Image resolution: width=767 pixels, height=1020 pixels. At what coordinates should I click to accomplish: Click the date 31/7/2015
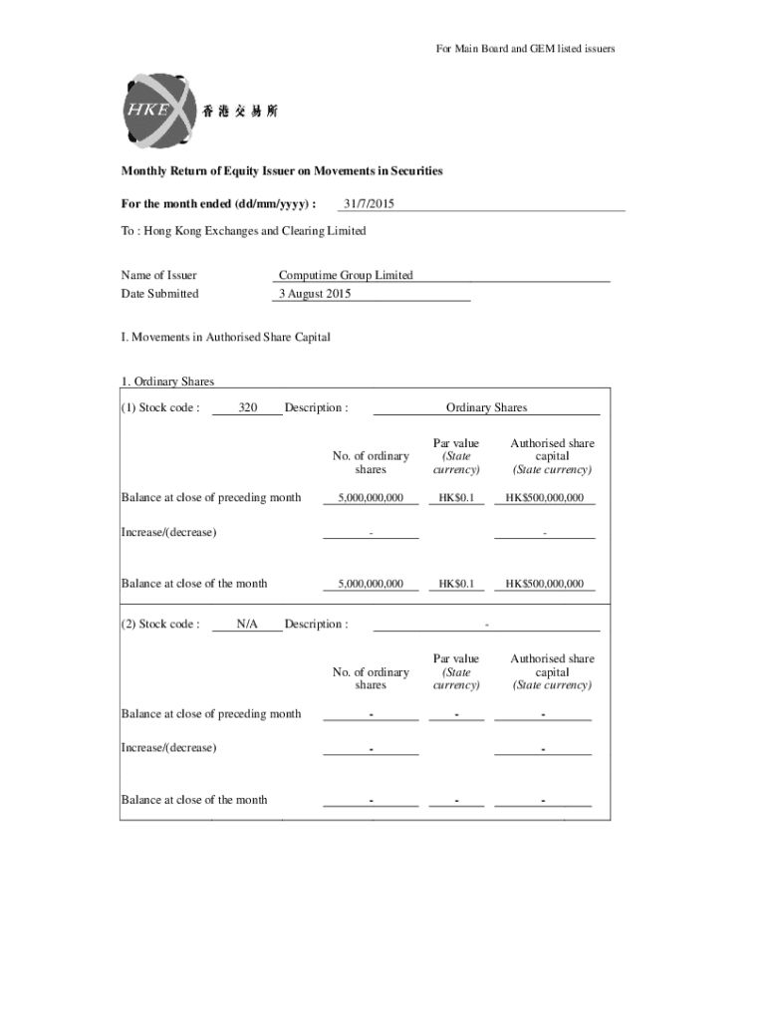(369, 204)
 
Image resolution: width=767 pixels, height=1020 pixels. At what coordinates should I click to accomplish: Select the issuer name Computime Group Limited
(346, 275)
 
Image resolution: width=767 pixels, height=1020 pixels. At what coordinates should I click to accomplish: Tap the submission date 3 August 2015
(315, 294)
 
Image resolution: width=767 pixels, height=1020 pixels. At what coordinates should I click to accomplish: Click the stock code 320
(248, 407)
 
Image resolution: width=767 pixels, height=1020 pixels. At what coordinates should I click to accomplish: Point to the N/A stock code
(247, 624)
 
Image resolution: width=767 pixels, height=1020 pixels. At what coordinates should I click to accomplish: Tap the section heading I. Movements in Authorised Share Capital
(225, 338)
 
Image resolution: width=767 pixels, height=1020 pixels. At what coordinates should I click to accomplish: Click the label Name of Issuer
(158, 275)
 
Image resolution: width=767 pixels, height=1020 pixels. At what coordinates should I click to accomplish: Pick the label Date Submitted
(159, 294)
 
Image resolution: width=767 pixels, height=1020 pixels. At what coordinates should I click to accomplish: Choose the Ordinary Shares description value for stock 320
(486, 407)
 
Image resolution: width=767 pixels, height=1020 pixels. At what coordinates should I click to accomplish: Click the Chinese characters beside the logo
(241, 112)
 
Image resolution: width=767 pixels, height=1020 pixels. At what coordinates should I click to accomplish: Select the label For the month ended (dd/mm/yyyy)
(218, 204)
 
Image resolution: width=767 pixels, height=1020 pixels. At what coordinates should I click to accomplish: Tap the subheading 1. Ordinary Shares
(167, 382)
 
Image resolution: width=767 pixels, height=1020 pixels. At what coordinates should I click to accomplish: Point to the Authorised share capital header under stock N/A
(552, 671)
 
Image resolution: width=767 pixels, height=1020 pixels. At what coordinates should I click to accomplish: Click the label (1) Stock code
(160, 407)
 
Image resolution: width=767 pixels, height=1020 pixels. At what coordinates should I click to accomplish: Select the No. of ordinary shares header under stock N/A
(371, 678)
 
